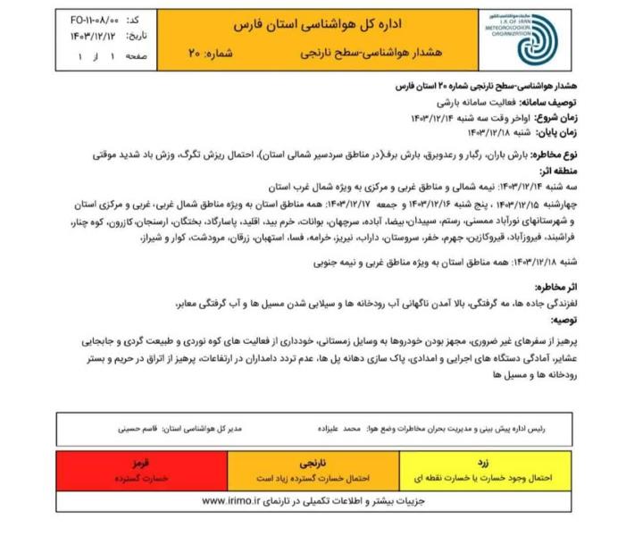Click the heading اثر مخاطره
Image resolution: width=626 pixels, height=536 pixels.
click(x=555, y=289)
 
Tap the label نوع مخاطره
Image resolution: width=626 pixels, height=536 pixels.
click(x=548, y=154)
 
